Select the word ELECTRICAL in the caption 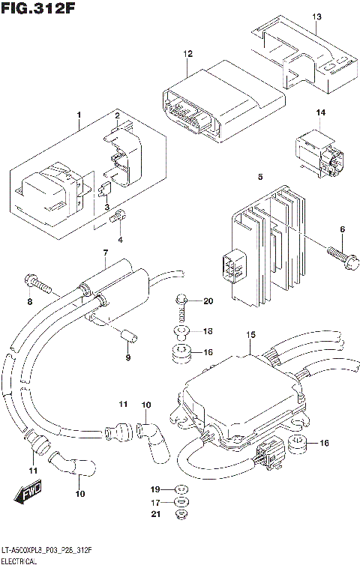pos(22,561)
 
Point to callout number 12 pos(187,54)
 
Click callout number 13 pos(316,16)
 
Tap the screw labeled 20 pos(180,301)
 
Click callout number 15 pos(251,333)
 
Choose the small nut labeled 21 pos(181,515)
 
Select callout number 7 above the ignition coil pos(106,253)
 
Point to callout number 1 pos(77,115)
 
